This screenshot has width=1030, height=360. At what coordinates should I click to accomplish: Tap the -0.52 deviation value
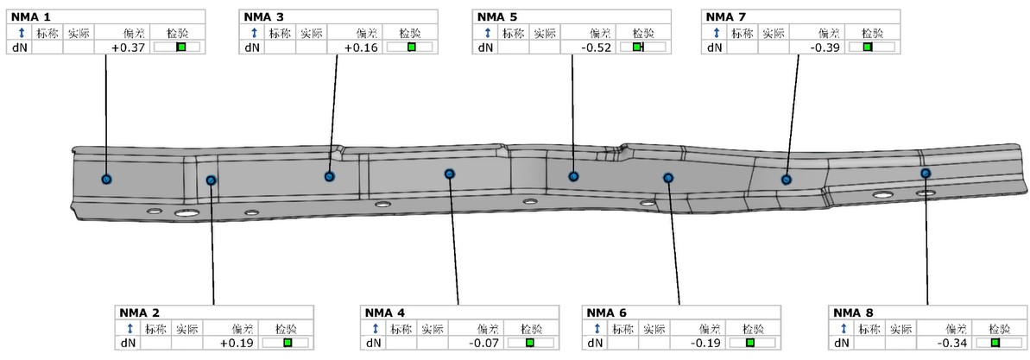coord(598,47)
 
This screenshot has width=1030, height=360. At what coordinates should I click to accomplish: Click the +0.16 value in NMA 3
coord(364,47)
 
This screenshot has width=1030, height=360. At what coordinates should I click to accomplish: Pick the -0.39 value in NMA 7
coord(827,47)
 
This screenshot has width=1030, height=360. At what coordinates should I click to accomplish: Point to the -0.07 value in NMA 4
coord(485,342)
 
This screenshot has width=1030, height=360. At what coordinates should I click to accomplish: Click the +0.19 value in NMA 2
coord(239,342)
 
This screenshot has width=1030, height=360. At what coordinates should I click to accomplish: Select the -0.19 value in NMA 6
coord(707,342)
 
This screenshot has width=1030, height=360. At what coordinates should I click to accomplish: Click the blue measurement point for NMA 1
coord(106,179)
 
